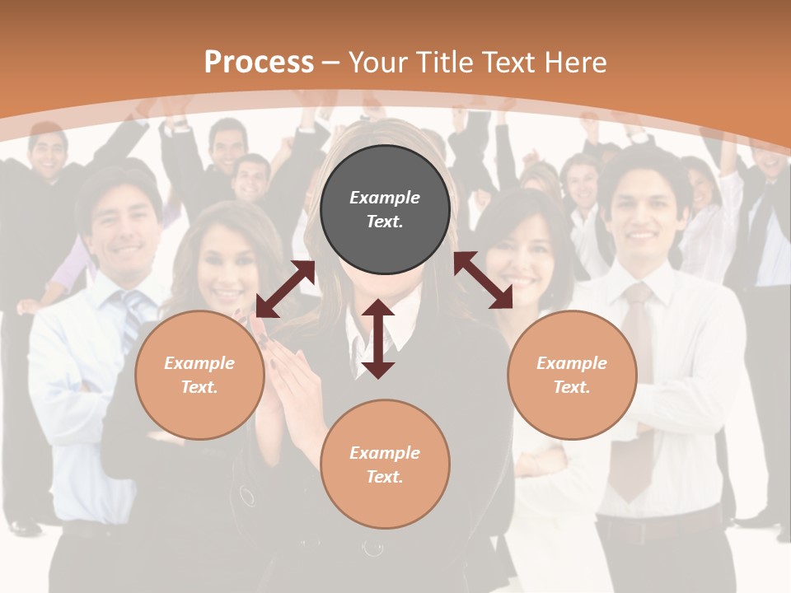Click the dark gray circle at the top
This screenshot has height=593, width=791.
[385, 209]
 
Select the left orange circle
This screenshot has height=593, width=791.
[199, 375]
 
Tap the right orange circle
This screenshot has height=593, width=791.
[572, 375]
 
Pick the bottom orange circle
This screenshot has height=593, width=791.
[385, 465]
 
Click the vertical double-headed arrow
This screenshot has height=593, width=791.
[378, 339]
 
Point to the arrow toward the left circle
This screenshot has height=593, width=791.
[285, 289]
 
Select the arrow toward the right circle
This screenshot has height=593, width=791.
[483, 280]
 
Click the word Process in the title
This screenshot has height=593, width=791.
[259, 62]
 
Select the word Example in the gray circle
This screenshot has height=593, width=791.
[385, 198]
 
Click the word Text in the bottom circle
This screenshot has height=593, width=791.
[383, 477]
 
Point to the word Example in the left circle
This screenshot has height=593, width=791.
[199, 363]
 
